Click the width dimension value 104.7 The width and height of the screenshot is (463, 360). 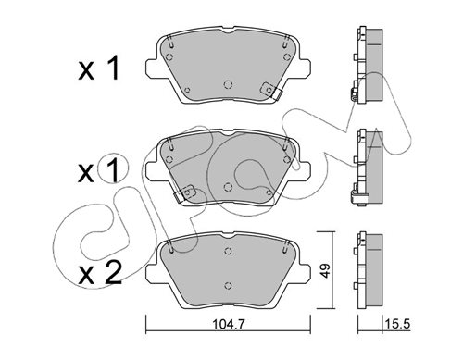[x=228, y=325]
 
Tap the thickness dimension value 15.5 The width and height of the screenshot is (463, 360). [x=397, y=324]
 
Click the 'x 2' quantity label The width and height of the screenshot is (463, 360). [x=100, y=273]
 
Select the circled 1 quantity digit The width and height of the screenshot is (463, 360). [x=112, y=169]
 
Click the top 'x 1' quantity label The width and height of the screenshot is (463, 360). [x=98, y=68]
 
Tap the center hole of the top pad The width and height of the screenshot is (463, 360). [x=228, y=84]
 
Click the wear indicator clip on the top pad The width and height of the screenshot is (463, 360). [x=270, y=91]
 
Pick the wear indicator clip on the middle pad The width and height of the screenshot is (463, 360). [x=184, y=193]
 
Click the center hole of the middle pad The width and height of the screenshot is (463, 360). [x=228, y=187]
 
